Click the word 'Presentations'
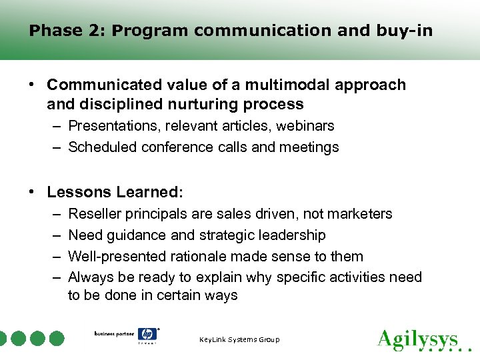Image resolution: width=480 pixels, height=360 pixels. click(111, 125)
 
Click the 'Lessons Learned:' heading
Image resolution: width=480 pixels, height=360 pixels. click(115, 192)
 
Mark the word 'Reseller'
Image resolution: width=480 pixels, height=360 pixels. click(93, 214)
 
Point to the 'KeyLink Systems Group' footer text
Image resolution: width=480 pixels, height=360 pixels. click(239, 340)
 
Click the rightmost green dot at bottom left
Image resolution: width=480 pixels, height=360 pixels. click(57, 339)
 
